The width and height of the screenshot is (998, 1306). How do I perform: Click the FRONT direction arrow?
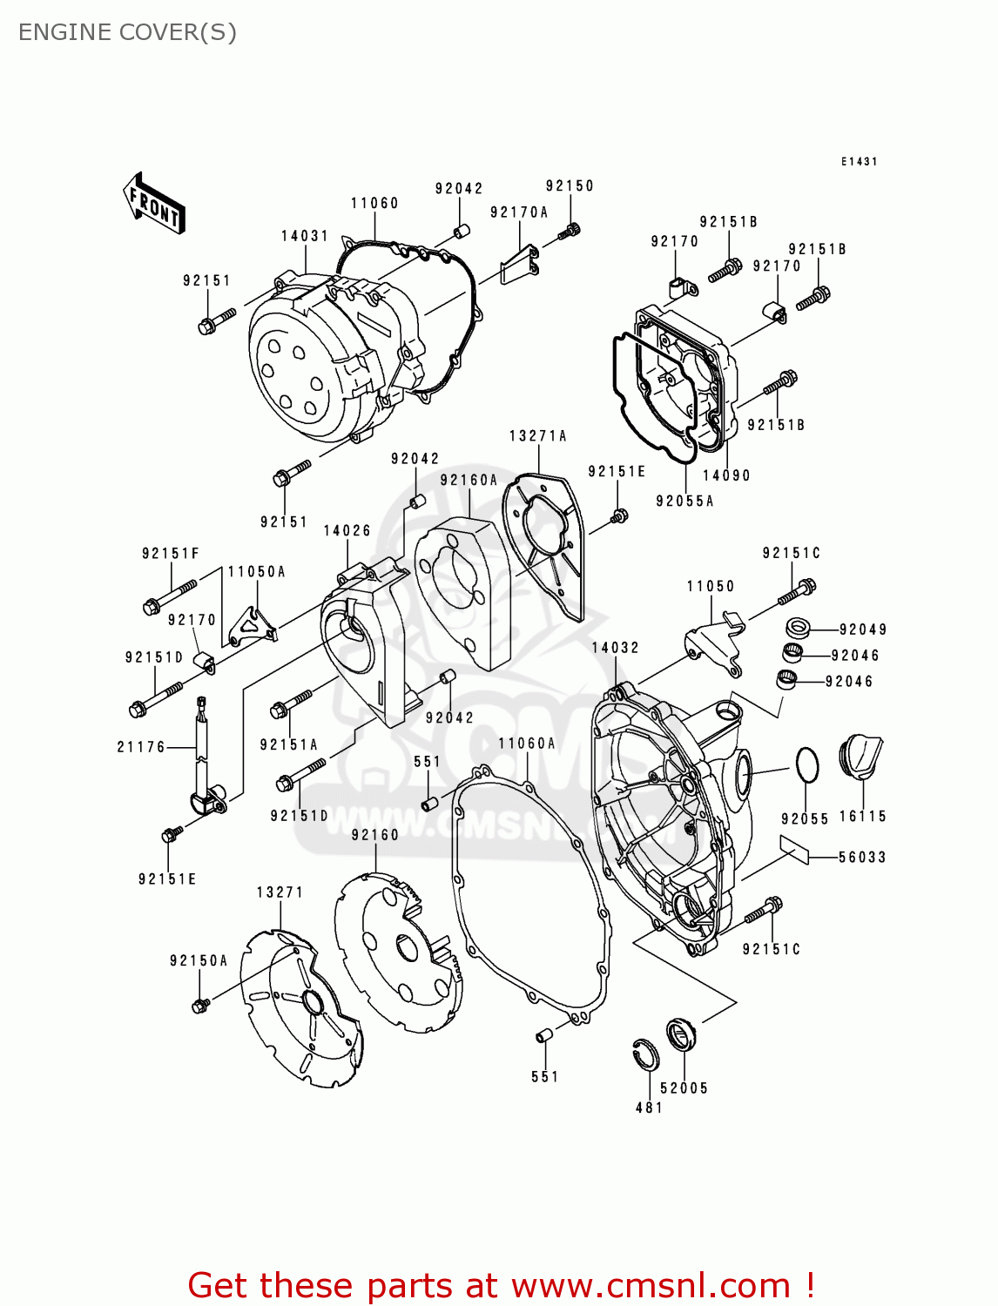[154, 203]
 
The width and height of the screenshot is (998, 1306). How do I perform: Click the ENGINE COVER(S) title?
[127, 32]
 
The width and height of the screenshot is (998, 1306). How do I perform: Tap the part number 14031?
[305, 236]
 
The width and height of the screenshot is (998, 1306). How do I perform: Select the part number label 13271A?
[538, 436]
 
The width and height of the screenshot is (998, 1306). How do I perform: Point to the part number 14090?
[726, 475]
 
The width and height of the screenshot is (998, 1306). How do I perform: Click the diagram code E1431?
[859, 162]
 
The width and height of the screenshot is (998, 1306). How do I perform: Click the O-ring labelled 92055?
[807, 765]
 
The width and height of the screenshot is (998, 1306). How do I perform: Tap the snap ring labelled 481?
[645, 1055]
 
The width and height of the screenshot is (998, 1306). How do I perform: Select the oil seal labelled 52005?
[681, 1034]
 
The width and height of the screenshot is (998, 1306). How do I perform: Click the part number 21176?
[141, 747]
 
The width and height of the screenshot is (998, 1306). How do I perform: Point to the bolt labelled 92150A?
[200, 1005]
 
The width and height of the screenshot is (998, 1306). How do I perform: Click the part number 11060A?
[527, 744]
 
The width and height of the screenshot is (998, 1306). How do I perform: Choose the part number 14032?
[616, 648]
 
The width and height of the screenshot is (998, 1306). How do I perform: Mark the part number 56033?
[862, 858]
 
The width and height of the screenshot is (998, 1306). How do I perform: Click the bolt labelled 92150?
[572, 231]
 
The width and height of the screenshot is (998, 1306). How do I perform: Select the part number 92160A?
[469, 481]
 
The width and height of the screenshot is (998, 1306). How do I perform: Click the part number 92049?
[863, 629]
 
